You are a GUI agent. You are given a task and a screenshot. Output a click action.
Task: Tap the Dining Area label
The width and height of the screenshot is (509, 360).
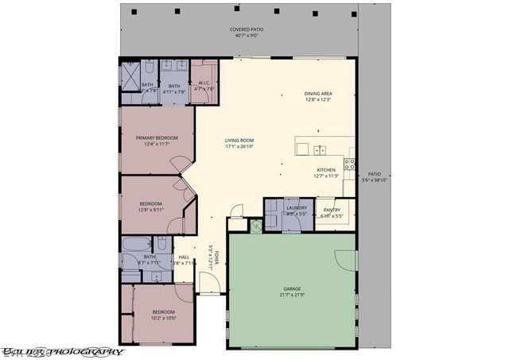(x=318, y=94)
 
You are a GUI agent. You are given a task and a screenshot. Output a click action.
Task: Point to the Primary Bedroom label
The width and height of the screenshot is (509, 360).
(x=157, y=137)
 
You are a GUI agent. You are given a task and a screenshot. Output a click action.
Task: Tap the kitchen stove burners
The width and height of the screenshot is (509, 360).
(x=348, y=165)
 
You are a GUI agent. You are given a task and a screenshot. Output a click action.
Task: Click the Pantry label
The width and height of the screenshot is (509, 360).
(x=332, y=210)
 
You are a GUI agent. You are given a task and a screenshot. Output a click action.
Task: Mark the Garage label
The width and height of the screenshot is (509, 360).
(x=289, y=288)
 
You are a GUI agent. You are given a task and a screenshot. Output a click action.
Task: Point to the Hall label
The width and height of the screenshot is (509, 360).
(x=184, y=257)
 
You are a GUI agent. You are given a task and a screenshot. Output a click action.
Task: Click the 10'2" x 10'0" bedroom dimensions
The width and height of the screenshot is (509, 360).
(x=163, y=318)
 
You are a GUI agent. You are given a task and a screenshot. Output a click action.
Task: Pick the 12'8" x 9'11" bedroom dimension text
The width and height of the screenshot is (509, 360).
(x=150, y=211)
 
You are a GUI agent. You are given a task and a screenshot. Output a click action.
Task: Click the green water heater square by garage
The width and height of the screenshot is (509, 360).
(x=255, y=226)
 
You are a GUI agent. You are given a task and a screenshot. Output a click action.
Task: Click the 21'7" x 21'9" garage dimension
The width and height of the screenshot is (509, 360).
(x=289, y=295)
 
